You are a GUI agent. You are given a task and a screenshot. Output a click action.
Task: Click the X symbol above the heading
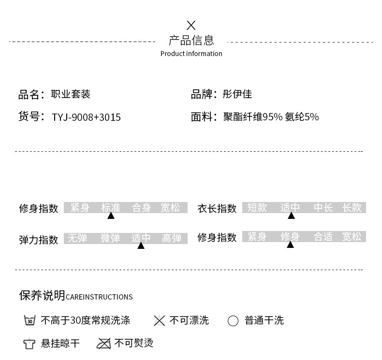coord(191,25)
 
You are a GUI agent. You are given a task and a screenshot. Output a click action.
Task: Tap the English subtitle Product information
coord(191,54)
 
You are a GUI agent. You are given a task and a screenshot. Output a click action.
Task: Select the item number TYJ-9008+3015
coord(86,117)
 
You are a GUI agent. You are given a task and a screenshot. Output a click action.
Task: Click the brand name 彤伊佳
coord(237,94)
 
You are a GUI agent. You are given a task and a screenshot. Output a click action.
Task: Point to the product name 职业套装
coord(71,94)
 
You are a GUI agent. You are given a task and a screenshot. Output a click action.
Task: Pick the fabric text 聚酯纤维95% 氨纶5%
coord(271,116)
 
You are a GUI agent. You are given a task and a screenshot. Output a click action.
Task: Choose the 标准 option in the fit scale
coord(110,208)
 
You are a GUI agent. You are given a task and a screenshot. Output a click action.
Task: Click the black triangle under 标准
coord(111,216)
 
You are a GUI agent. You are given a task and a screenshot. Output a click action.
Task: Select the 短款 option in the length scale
coord(257,208)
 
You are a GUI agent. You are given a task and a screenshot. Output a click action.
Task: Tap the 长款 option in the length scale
coord(352,208)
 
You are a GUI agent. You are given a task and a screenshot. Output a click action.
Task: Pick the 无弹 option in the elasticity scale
coord(77,238)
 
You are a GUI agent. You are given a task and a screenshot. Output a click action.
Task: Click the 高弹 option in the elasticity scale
coord(172,238)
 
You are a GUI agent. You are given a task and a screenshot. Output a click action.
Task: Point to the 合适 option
coord(323,237)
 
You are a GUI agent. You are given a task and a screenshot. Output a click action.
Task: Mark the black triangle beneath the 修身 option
coord(290,245)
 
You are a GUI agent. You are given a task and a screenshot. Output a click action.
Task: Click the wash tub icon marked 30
coord(29,320)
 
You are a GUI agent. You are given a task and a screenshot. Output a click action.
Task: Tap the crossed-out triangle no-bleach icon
coord(159,320)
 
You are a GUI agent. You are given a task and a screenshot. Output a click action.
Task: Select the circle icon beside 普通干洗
coord(233,321)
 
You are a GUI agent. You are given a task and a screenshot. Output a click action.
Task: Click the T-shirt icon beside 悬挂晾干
coord(29,344)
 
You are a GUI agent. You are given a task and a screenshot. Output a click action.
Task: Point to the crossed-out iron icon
coord(104,343)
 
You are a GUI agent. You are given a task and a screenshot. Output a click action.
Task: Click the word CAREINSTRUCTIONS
coord(99,297)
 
